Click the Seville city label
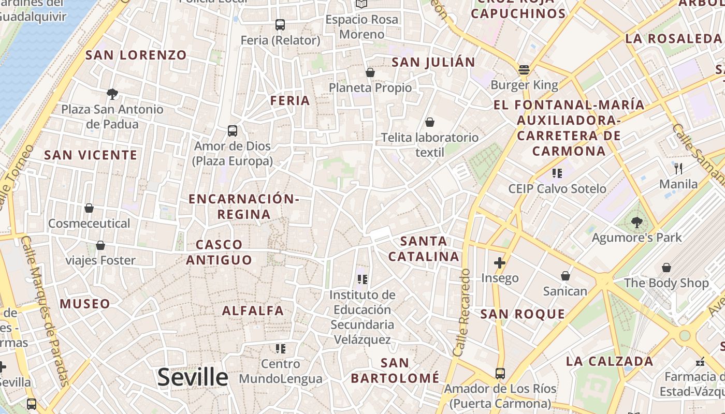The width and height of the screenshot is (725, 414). pos(193,377)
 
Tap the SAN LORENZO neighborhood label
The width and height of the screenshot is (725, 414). pos(136,55)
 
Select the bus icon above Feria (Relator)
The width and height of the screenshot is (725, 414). pos(280,24)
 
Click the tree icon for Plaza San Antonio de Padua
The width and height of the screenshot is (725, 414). pos(112,94)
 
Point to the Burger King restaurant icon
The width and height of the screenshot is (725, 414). pos(524,70)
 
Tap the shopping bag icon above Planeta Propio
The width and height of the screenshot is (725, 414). pos(370,72)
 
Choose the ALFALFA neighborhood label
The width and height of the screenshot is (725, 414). pos(253,310)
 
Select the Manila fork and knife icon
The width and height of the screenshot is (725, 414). pos(678,168)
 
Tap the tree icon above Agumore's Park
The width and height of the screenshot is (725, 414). pos(637,223)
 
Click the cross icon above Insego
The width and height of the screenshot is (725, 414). pos(500,263)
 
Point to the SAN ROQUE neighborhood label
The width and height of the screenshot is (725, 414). pos(523,314)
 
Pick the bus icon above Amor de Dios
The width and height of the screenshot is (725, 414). pos(233,131)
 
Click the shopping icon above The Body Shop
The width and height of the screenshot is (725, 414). pos(666,268)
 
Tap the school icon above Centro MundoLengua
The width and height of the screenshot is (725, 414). pos(281,348)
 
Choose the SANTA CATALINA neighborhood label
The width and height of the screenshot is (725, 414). pos(424,249)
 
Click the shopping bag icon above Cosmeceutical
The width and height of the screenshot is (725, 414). pos(89,208)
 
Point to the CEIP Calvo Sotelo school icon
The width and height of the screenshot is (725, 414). pos(557,173)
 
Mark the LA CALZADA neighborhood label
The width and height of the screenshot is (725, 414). pos(609,361)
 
